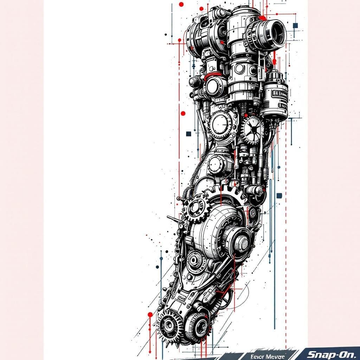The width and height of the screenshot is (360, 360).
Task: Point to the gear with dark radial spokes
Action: (252, 130)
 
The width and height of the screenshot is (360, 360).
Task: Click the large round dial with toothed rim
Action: (220, 125)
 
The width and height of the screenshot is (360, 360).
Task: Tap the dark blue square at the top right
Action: (295, 25)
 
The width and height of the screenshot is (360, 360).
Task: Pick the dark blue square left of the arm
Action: (188, 134)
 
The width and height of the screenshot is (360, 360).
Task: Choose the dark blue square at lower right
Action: (279, 196)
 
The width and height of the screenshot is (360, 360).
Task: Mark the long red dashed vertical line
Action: (286, 246)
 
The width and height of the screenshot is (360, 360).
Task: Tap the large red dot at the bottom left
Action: (150, 314)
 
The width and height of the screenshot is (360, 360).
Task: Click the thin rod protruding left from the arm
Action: (173, 219)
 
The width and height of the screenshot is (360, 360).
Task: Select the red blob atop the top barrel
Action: (262, 18)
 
